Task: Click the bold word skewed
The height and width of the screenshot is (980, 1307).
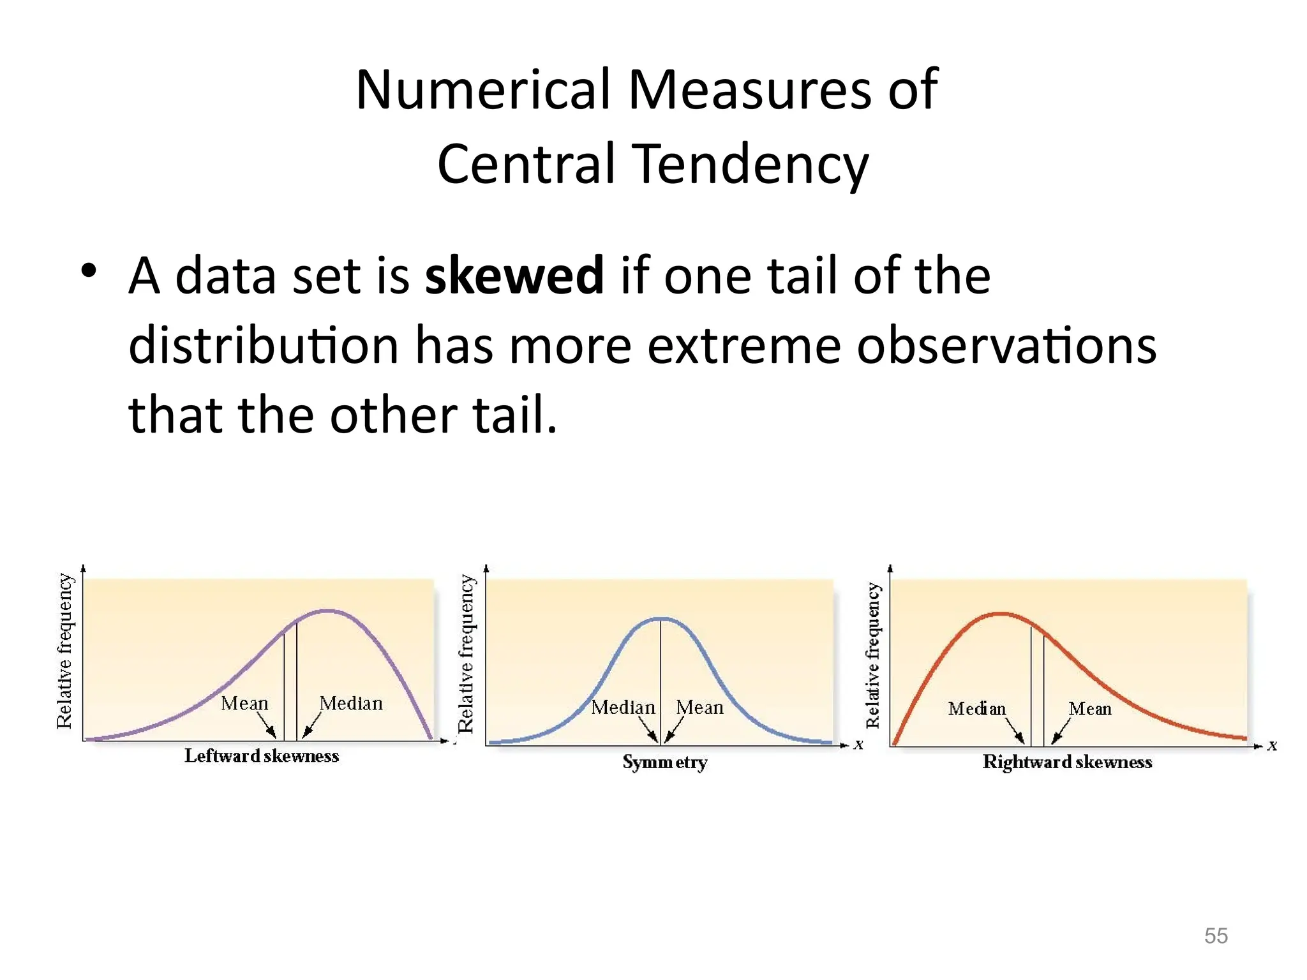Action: [514, 276]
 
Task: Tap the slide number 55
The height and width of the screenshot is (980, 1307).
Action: [1216, 936]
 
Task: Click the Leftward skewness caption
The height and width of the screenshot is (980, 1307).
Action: [262, 756]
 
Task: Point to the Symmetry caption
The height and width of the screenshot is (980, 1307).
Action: [665, 762]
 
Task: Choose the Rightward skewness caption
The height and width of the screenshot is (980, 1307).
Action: [1067, 762]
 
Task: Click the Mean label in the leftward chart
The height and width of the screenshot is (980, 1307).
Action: [244, 703]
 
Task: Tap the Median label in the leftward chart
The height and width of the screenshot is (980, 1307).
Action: [351, 703]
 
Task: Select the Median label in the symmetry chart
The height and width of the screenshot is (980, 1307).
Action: [623, 707]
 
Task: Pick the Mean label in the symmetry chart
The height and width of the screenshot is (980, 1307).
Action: [700, 707]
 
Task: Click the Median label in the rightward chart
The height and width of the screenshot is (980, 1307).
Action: [976, 708]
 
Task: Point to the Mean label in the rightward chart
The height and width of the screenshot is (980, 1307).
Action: [1090, 708]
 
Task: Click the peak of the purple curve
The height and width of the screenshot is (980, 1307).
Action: [327, 611]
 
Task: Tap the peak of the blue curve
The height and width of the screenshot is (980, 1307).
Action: [662, 618]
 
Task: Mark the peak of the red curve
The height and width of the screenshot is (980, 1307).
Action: [1001, 614]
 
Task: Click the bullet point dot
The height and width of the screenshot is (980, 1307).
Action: [89, 271]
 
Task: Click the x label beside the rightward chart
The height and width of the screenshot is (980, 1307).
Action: [1273, 745]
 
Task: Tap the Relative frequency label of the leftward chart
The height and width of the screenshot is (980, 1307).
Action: [64, 651]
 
